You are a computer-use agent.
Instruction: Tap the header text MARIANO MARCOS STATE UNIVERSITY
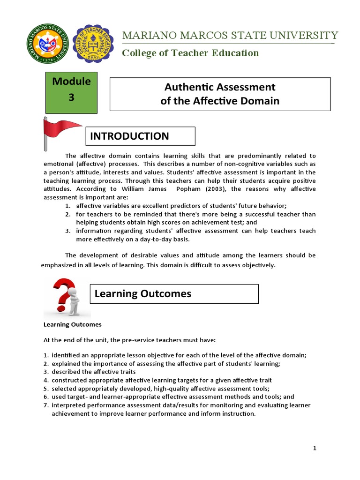[x=230, y=35]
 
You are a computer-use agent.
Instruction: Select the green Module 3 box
[x=71, y=92]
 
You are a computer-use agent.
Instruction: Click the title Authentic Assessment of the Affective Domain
[x=220, y=94]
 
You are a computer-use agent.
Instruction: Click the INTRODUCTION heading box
[x=140, y=136]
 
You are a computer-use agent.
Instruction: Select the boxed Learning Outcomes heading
[x=174, y=293]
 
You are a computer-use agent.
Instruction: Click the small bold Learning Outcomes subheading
[x=72, y=324]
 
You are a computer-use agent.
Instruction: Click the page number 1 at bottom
[x=315, y=449]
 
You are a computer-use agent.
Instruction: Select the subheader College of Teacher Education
[x=190, y=53]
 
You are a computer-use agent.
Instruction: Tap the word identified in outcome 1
[x=66, y=355]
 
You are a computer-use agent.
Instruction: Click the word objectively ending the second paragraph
[x=257, y=265]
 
